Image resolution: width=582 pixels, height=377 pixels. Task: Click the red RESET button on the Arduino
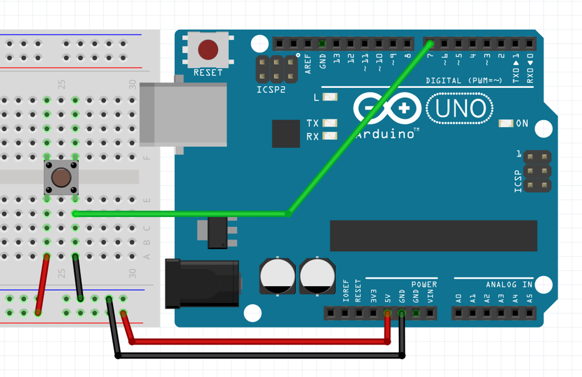point(208,50)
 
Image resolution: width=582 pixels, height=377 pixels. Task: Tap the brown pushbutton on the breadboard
point(61,177)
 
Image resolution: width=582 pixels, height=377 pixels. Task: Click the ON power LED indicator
point(506,123)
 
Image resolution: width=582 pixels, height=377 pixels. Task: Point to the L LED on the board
point(330,97)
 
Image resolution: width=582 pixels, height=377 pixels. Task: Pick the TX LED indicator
point(330,123)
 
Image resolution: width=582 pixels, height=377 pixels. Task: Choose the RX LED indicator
point(330,136)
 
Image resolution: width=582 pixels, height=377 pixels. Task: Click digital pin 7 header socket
point(430,44)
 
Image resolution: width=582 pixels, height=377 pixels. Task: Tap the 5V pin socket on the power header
point(387,313)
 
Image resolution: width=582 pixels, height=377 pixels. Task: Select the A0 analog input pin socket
point(459,313)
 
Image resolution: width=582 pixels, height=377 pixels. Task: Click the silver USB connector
point(183,114)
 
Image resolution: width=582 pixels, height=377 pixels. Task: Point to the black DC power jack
point(202,283)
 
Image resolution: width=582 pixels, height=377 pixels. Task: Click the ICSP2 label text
point(271,90)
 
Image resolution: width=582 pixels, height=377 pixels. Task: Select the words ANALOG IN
point(509,285)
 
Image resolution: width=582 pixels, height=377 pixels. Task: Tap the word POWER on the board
point(424,285)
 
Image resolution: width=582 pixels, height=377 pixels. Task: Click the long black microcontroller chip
point(433,236)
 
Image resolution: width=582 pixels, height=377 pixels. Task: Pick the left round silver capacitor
point(277,276)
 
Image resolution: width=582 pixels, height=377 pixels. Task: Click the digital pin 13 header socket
point(336,44)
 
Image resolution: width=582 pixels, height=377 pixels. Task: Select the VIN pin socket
point(430,313)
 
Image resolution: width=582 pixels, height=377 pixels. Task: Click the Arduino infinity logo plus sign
point(404,108)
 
